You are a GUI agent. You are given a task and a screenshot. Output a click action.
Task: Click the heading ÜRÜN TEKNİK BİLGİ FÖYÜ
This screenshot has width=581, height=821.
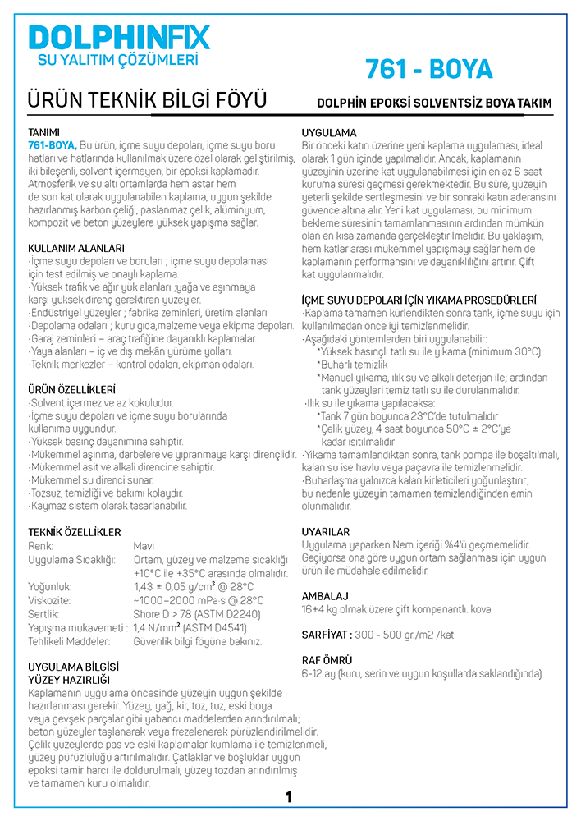coord(148,101)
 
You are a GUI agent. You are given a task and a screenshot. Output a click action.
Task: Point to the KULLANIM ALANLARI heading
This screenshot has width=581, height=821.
coord(76,248)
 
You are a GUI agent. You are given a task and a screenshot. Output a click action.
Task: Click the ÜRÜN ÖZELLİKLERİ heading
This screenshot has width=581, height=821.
coord(71,389)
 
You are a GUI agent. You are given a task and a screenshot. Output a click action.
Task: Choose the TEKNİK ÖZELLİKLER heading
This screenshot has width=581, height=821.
coord(75,533)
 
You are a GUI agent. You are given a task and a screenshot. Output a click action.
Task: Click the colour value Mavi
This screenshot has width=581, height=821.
coord(144,546)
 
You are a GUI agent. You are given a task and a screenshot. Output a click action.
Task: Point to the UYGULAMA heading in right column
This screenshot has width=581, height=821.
coord(329,133)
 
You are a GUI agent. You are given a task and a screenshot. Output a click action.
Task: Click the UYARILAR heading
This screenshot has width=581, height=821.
coord(326,532)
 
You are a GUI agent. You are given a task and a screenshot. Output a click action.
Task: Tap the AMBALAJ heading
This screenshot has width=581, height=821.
coord(325,595)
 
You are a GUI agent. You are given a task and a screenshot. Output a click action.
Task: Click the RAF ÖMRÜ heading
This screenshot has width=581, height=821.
coord(327,660)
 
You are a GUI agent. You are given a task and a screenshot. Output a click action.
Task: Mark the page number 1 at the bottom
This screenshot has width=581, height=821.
coord(289,797)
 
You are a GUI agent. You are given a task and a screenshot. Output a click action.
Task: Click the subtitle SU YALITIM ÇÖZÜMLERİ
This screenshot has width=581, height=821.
coord(119,60)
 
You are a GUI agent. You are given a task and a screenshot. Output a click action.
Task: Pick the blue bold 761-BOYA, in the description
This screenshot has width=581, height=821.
coord(53,145)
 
